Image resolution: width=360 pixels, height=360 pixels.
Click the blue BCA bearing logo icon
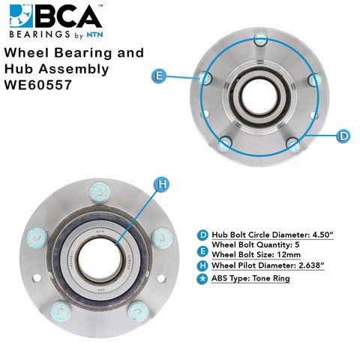point(21,16)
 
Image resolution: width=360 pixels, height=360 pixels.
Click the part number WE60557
point(38,85)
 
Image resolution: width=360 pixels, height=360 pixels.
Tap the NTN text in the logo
point(94,34)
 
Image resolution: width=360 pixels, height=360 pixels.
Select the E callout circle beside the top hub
point(159,76)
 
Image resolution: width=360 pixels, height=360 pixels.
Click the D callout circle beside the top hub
point(343,136)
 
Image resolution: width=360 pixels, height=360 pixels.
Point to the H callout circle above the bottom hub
point(163,184)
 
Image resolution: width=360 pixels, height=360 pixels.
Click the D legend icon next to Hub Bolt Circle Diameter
point(202,235)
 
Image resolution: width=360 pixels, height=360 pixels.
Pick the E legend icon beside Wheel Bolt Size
point(202,251)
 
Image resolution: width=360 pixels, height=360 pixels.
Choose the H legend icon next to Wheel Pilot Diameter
point(202,265)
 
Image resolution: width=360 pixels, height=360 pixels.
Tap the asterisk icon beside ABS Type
point(202,279)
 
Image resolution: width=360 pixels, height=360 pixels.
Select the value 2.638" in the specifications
point(311,265)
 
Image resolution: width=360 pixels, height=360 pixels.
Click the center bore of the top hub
point(260,97)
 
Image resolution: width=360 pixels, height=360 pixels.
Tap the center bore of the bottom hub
point(100,259)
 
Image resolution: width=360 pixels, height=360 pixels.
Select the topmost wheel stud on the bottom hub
point(100,192)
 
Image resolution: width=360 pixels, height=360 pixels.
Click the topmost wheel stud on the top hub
point(261,39)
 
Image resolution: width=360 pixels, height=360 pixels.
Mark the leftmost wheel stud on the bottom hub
point(37,238)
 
